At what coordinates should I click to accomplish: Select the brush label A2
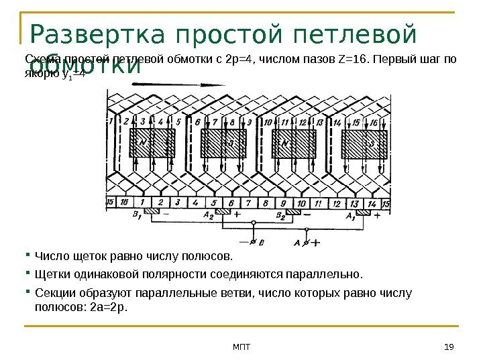[x=208, y=217]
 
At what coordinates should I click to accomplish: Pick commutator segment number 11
[x=317, y=202]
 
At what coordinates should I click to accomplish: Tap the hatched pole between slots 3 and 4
[x=152, y=143]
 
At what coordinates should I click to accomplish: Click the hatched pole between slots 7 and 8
[x=224, y=143]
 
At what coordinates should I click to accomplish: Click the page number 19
[x=449, y=346]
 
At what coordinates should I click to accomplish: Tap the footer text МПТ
[x=241, y=346]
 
